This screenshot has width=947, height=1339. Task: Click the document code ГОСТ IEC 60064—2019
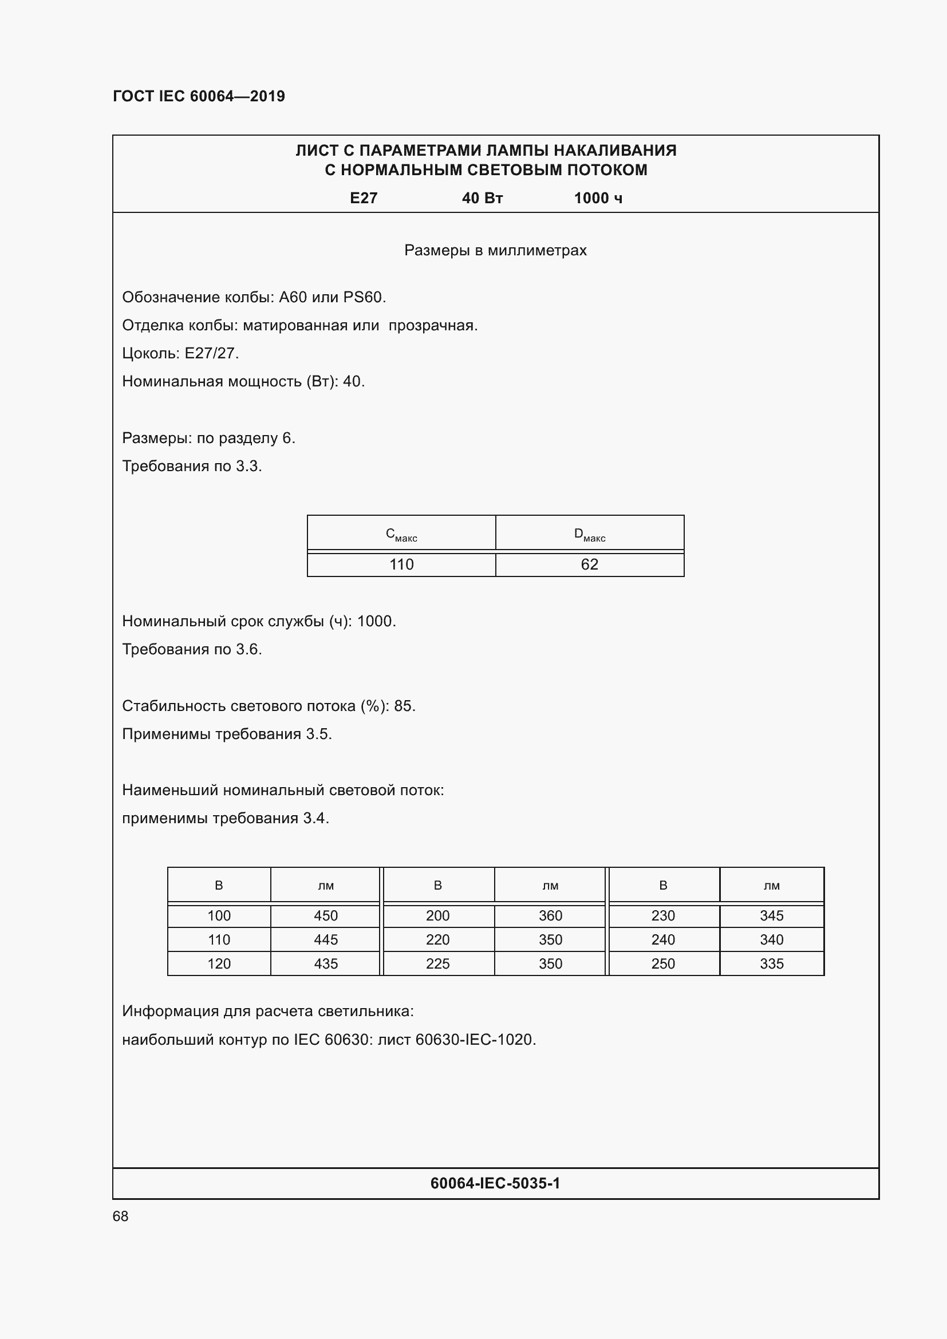198,96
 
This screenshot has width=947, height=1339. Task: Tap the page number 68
120,1216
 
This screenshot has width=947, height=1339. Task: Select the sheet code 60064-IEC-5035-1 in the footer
495,1183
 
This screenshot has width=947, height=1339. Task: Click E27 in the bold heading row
364,198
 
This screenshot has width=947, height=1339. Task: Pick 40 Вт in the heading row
482,198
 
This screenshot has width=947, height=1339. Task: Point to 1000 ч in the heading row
598,198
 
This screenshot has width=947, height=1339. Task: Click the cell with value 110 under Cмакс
401,564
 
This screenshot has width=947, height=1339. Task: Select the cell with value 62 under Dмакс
589,564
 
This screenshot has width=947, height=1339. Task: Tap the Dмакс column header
589,534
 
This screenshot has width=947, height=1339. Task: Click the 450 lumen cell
325,915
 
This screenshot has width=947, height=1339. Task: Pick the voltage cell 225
437,963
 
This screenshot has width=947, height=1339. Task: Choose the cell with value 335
771,963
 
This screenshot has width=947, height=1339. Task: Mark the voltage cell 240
662,939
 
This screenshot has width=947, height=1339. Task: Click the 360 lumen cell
550,915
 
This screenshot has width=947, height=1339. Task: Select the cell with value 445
325,939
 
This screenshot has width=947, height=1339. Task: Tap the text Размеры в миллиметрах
495,251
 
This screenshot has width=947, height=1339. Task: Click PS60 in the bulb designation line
364,298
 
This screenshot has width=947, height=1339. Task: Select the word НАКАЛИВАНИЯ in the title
614,151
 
